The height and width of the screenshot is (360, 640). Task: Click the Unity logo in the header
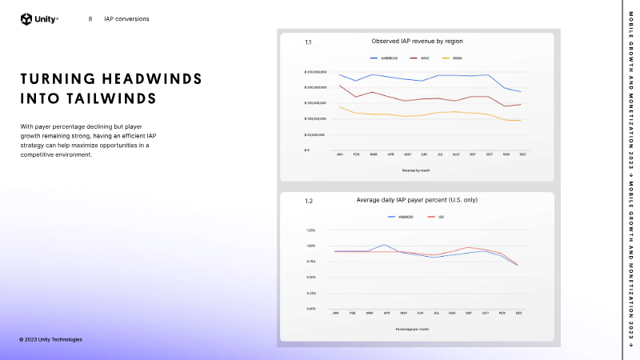pos(39,19)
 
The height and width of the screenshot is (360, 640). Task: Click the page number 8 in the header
pos(90,19)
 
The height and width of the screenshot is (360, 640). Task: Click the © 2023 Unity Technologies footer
pos(50,339)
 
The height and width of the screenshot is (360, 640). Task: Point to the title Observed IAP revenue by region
pos(417,41)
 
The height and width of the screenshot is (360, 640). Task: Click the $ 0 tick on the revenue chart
pos(307,150)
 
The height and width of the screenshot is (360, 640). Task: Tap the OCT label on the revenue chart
pos(489,154)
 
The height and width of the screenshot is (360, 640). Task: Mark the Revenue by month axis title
pos(416,170)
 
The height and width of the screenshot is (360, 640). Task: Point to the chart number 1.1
pos(308,42)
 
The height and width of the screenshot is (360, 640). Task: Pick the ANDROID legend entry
pos(402,217)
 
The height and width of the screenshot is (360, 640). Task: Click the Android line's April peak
pos(386,245)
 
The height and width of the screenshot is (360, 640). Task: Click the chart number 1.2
pos(308,201)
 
